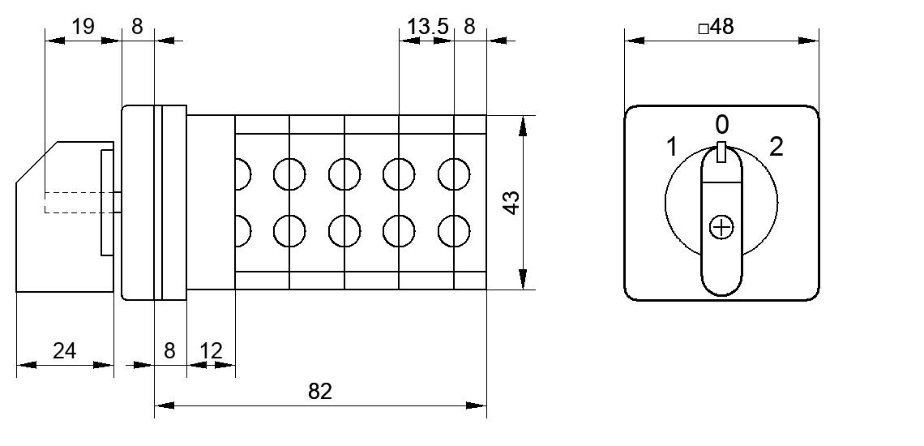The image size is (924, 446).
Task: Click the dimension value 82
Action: (320, 391)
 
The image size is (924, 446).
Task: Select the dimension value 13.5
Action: (429, 27)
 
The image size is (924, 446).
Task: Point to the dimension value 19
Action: (83, 27)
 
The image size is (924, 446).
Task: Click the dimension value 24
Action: (64, 350)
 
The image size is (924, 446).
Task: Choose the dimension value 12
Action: (211, 350)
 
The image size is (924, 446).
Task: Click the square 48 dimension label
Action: (716, 27)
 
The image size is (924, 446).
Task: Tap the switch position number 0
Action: (722, 125)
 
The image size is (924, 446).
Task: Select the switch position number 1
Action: (672, 147)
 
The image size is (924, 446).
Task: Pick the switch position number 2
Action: (776, 147)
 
